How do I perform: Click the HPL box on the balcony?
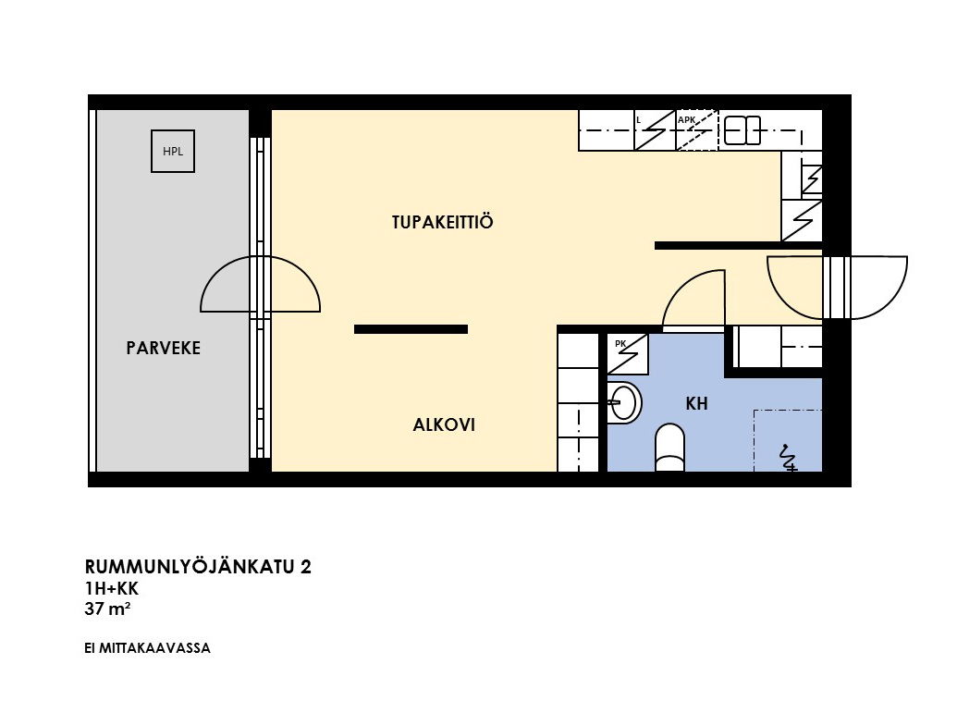click(173, 152)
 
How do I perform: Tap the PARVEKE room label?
click(163, 348)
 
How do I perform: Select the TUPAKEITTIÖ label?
click(442, 222)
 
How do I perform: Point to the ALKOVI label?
click(444, 424)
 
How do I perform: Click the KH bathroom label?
click(696, 403)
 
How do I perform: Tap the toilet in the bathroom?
click(669, 448)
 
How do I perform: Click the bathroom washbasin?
click(624, 402)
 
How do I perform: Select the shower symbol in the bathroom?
click(788, 457)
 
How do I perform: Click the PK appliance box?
click(628, 353)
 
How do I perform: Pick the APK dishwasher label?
click(687, 119)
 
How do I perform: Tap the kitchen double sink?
click(742, 130)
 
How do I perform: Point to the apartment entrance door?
click(837, 288)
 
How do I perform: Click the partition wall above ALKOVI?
click(411, 329)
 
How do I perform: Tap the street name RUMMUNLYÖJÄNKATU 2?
click(198, 567)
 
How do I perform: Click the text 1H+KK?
click(112, 588)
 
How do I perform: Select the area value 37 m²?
click(107, 609)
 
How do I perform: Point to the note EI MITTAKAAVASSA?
click(147, 648)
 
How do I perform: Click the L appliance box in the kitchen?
click(655, 130)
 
